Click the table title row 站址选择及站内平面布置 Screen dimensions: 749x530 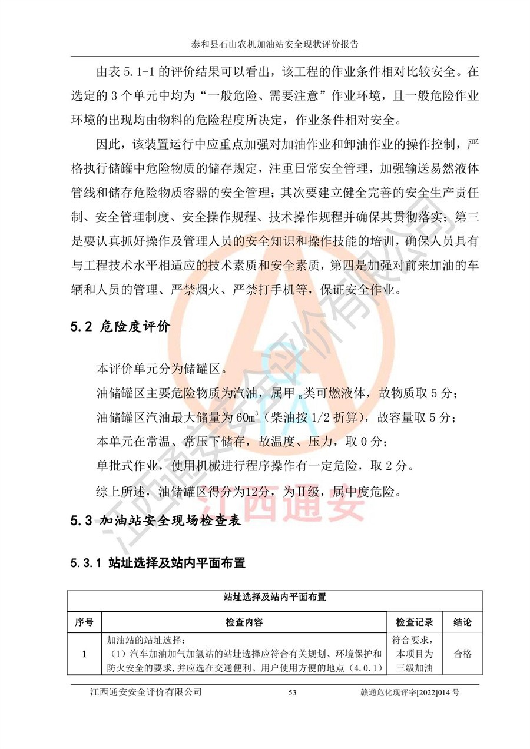point(275,597)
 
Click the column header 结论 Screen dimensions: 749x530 point(462,622)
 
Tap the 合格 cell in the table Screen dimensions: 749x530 point(462,654)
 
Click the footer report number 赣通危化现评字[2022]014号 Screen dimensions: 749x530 point(410,692)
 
